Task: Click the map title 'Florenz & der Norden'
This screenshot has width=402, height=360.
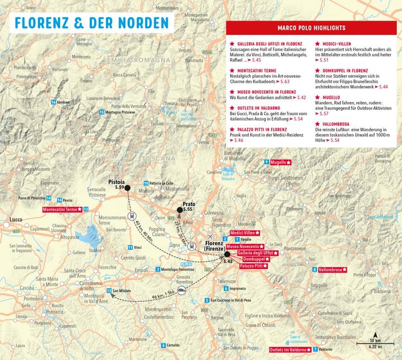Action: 91,24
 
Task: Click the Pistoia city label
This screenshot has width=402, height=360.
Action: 117,181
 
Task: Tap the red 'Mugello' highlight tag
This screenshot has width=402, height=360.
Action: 280,162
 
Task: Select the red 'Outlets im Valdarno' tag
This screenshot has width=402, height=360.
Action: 290,349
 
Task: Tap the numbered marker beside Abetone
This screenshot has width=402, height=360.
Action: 52,102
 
